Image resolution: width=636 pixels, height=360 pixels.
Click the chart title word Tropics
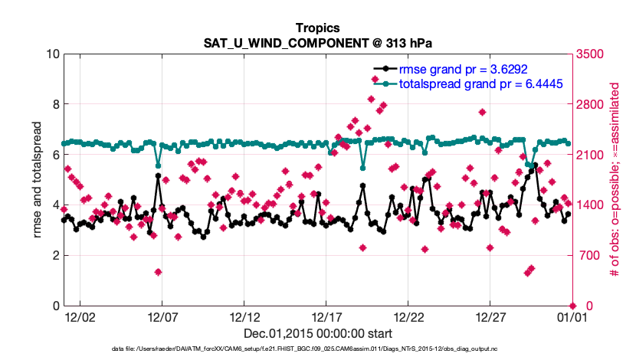[x=317, y=28]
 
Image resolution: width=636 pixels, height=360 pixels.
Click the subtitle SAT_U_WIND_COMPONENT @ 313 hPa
[x=317, y=43]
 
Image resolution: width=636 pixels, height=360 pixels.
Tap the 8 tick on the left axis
[x=56, y=104]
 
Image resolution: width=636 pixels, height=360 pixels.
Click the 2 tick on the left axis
[x=56, y=255]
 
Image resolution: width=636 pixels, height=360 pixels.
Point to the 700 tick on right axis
[x=587, y=255]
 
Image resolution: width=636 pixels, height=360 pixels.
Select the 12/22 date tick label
[x=409, y=317]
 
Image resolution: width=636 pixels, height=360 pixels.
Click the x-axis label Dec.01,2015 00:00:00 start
[x=317, y=333]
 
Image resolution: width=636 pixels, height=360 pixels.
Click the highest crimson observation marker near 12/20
[x=371, y=99]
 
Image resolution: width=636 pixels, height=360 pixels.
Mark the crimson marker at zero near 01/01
[x=572, y=306]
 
